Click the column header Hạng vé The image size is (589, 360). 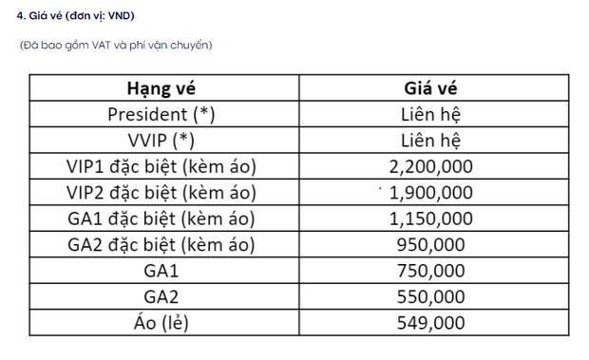pos(161,89)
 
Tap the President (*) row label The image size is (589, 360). pos(161,115)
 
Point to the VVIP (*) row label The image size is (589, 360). pos(161,141)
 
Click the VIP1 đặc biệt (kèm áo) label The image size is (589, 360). pos(161,167)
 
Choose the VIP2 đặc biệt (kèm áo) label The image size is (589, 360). pos(161,193)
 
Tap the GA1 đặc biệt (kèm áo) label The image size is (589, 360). pos(161,218)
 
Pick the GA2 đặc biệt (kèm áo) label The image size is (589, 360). pos(161,245)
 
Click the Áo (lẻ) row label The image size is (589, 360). pos(161,322)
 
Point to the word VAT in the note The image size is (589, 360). pos(99,45)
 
